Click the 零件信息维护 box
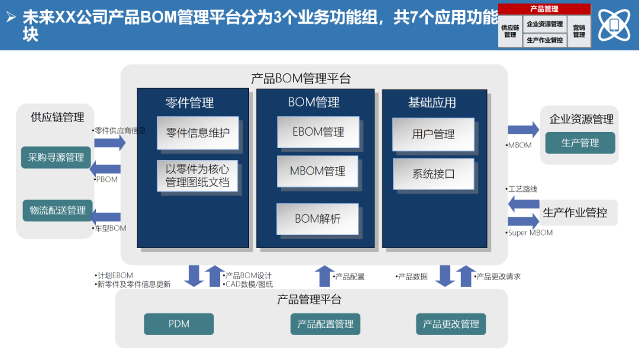198,133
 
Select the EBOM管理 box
318,132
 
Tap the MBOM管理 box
318,172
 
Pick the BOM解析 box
318,218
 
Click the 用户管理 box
434,134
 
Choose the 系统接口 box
434,174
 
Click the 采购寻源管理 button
56,157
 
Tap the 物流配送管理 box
57,210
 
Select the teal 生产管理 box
580,143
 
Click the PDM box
179,324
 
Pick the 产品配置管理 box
325,324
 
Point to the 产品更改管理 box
451,324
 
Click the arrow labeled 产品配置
324,276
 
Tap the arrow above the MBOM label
523,130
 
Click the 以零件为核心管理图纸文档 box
198,175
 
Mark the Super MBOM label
531,233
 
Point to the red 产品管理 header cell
544,9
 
